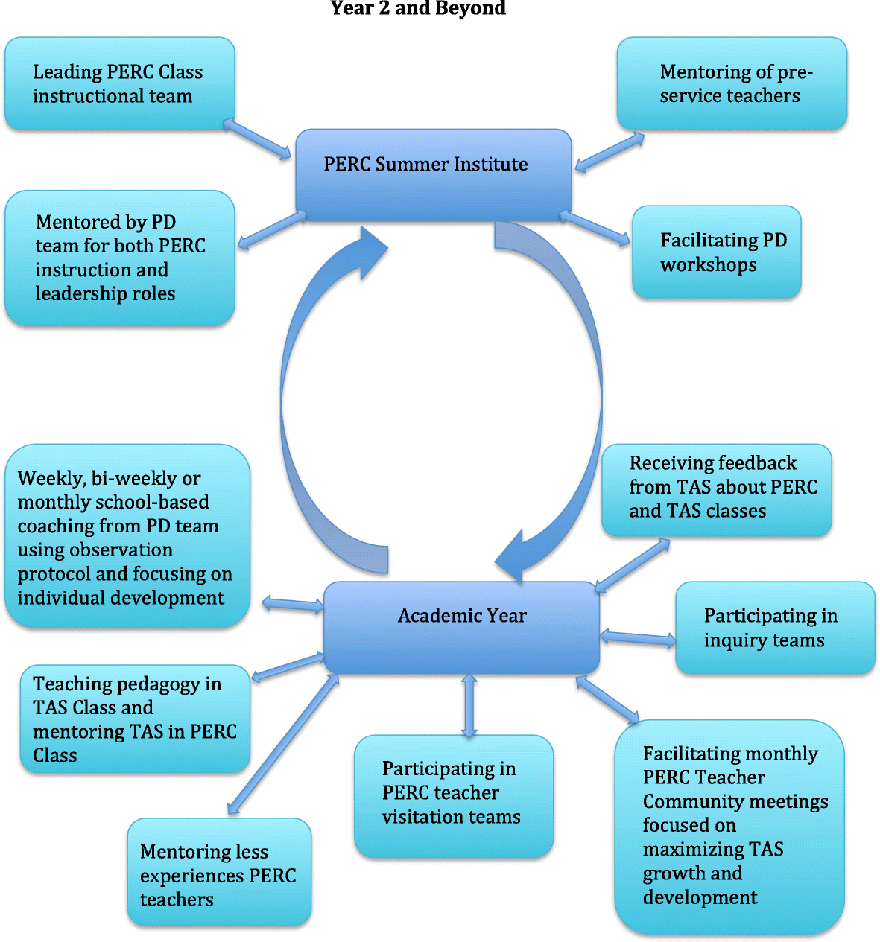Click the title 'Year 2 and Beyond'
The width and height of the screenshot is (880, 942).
coord(418,9)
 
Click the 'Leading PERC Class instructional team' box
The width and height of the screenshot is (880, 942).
coord(120,84)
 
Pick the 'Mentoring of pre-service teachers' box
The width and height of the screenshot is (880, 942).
coord(732,84)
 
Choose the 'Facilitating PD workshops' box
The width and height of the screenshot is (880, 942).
coord(716,252)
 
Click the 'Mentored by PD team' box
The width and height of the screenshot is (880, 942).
coord(120,258)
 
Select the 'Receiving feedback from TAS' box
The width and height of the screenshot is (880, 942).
coord(716,489)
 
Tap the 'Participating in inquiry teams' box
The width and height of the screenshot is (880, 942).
coord(775,628)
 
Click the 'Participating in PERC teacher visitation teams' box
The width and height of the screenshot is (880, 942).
coord(454,795)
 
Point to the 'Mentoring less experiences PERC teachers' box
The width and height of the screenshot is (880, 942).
coord(219,872)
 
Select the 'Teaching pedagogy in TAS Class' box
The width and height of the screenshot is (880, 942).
coord(135,719)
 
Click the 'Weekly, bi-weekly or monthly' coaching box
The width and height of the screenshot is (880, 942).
coord(127,537)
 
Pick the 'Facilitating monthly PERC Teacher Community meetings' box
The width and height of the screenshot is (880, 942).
coord(729,826)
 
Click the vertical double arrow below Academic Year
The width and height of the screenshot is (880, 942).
coord(469,705)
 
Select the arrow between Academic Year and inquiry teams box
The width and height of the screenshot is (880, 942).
coord(638,637)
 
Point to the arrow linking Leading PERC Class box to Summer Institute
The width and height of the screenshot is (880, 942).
coord(257,139)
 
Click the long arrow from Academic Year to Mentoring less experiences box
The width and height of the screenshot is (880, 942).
coord(283,744)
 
